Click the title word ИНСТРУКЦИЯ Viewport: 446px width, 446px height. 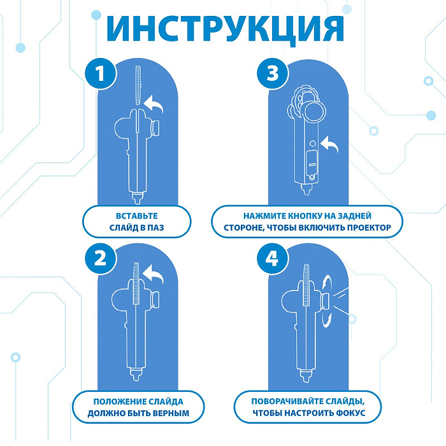coord(225,29)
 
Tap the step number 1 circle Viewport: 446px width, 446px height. coord(101,74)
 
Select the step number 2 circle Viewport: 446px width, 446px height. coord(101,259)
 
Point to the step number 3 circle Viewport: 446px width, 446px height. coord(273,73)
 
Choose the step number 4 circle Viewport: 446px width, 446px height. coord(273,259)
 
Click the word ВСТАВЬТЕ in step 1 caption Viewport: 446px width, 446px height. coord(137,216)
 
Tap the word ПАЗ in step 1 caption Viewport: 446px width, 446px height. coord(155,227)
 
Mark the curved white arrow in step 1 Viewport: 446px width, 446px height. coord(154,103)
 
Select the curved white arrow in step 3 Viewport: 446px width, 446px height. coord(330,143)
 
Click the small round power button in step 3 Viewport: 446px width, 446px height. coord(312,143)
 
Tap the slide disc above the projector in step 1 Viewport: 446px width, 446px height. coord(138,85)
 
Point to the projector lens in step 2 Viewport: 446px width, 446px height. coord(155,299)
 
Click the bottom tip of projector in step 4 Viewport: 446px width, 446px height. coord(306,380)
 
